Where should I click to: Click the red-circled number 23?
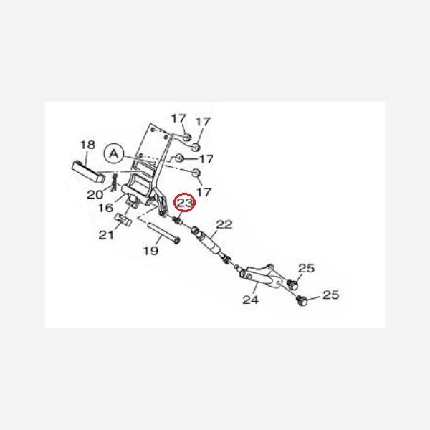pos(186,204)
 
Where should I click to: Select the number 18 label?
pos(87,145)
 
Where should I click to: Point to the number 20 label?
pos(95,194)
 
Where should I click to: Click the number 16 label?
pos(106,208)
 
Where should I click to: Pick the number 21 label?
pos(106,235)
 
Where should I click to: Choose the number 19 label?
pos(150,251)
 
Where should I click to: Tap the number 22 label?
pos(224,225)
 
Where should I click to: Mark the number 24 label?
pos(249,300)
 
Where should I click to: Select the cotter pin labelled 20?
pos(115,183)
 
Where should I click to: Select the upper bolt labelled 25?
pos(292,285)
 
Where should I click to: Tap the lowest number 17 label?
pos(205,192)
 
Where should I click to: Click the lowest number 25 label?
pos(330,295)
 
